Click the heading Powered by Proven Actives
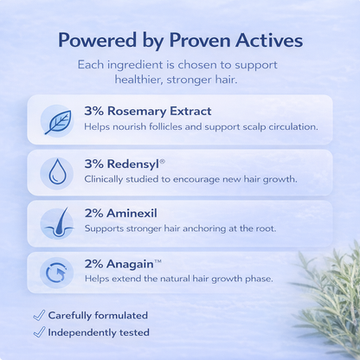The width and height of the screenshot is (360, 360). click(x=180, y=42)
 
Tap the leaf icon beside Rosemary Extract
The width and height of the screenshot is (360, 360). click(x=57, y=121)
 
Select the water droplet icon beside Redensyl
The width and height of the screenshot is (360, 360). click(x=57, y=172)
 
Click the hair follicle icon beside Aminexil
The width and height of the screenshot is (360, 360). click(x=57, y=222)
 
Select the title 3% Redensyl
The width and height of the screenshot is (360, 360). click(x=123, y=163)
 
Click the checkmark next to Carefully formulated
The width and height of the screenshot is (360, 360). click(x=37, y=315)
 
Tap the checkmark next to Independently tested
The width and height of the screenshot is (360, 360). click(x=37, y=332)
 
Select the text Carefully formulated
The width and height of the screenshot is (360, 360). click(x=98, y=315)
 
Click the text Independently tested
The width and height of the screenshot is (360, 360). click(x=99, y=332)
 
